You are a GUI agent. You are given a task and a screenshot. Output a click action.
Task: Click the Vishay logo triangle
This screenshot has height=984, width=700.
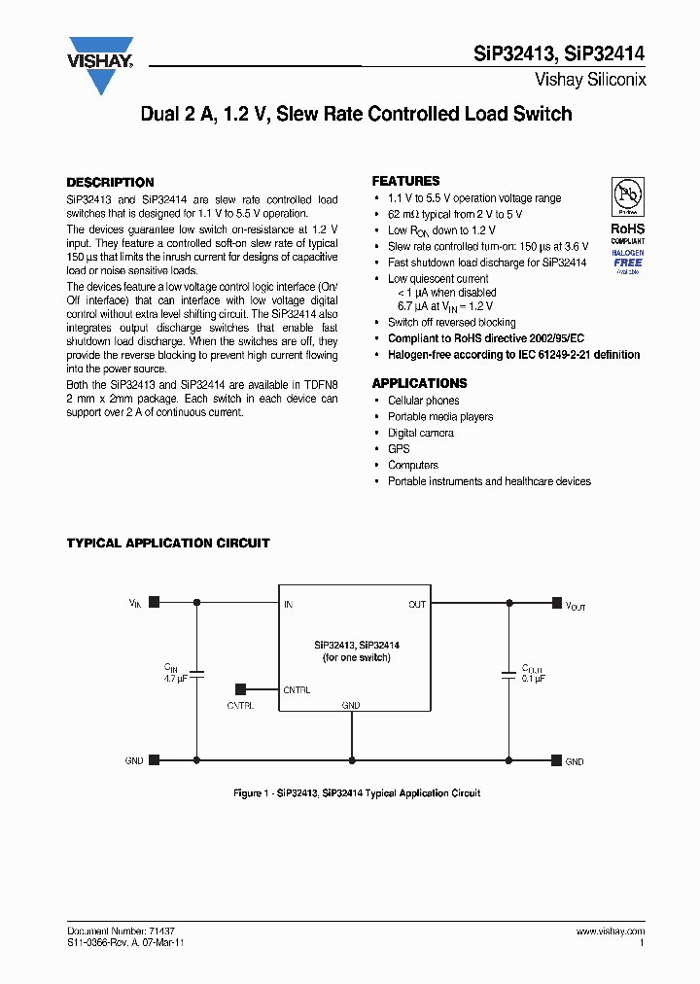pos(100,74)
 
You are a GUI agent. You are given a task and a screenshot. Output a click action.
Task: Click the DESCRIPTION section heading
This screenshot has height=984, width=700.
pos(110,182)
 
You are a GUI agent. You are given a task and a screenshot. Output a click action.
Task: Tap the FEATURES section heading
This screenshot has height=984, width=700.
pos(405,181)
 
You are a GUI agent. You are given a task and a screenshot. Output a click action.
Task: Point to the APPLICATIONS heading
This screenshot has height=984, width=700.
pos(419,383)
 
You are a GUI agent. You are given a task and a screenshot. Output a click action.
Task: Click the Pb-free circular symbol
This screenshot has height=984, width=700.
pos(627,195)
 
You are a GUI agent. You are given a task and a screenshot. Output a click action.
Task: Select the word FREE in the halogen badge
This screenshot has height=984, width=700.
pos(627,263)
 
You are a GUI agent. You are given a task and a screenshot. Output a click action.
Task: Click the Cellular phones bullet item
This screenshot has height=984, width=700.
pos(423,401)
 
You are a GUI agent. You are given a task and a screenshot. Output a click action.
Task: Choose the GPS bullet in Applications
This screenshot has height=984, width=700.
pos(399,449)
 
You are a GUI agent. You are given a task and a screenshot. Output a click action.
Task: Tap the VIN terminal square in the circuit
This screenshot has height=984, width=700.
pos(154,603)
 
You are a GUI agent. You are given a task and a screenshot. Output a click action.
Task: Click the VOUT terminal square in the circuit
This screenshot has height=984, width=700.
pos(556,603)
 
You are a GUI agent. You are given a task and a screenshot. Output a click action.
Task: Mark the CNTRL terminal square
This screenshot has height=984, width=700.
pos(240,688)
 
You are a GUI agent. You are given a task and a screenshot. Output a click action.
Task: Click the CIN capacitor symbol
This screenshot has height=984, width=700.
pos(197,672)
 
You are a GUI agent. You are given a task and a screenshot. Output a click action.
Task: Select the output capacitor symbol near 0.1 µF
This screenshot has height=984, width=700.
pos(508,673)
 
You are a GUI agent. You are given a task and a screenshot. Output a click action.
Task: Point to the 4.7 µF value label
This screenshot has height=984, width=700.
pos(176,678)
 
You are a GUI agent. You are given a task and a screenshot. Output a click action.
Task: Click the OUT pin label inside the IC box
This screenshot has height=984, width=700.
pos(417,605)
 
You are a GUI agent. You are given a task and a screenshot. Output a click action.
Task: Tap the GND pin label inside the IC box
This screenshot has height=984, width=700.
pos(351,705)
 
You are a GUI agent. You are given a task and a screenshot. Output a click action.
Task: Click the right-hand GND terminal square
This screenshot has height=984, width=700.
pos(556,760)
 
